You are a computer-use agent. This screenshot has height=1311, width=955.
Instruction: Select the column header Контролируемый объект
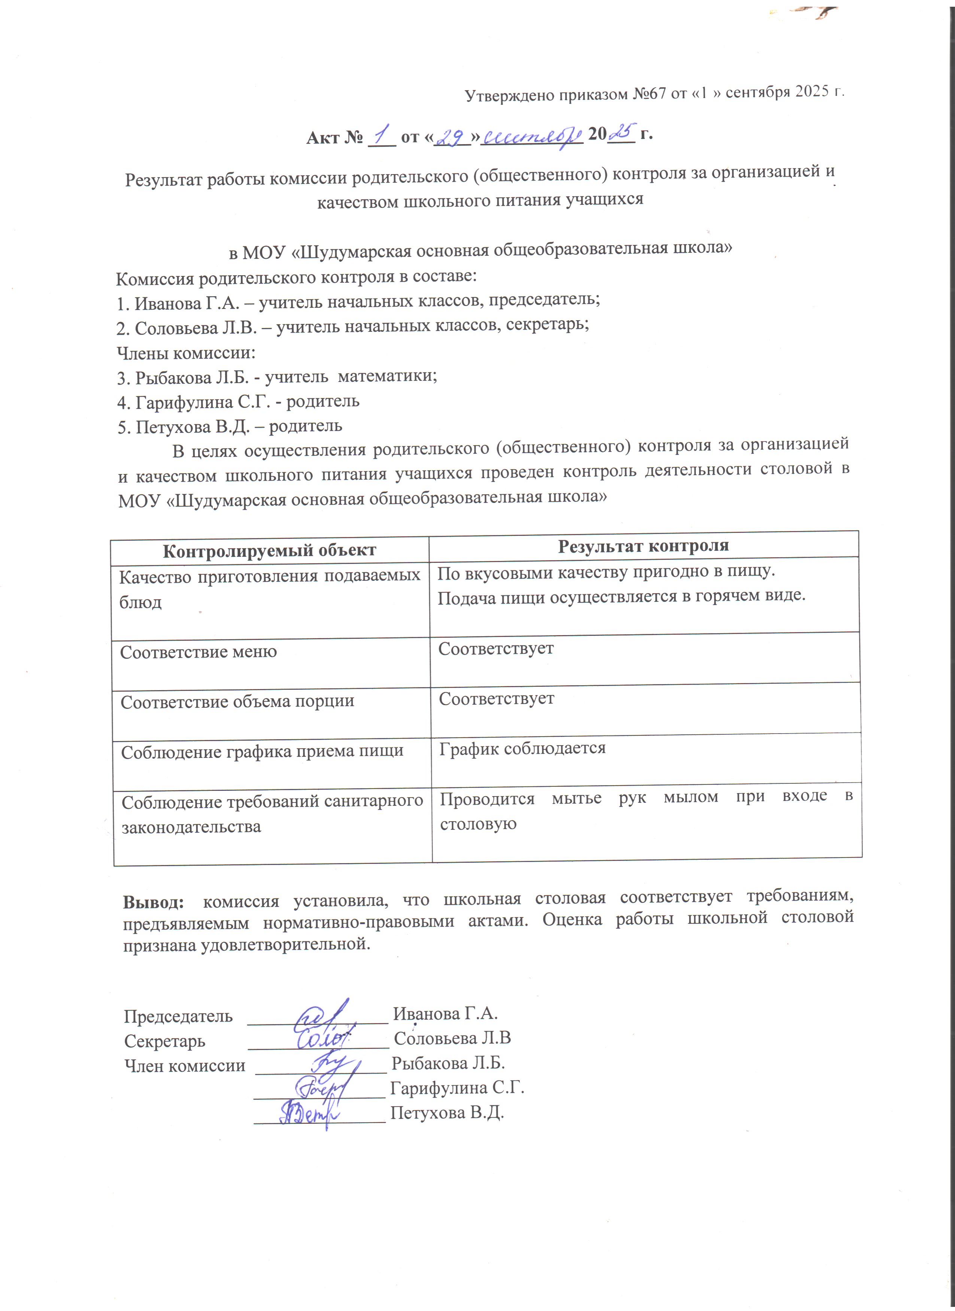(x=269, y=550)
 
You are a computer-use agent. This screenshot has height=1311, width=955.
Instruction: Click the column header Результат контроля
(x=643, y=546)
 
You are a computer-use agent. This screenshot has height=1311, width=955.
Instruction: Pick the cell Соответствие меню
(x=198, y=652)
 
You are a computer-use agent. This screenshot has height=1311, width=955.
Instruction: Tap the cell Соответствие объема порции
(x=237, y=702)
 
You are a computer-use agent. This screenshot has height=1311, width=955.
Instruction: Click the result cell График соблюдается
(x=522, y=749)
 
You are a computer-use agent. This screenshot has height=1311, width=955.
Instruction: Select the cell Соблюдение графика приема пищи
(x=262, y=752)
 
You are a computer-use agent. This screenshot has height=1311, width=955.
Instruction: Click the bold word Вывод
(x=153, y=902)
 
